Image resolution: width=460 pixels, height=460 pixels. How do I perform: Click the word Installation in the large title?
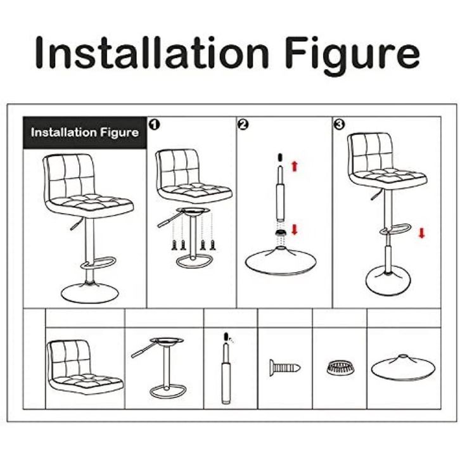pyautogui.click(x=152, y=53)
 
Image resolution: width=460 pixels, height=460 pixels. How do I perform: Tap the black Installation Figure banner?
pyautogui.click(x=85, y=132)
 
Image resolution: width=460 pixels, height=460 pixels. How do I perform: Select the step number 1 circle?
pyautogui.click(x=155, y=125)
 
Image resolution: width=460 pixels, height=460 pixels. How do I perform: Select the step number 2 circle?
pyautogui.click(x=243, y=124)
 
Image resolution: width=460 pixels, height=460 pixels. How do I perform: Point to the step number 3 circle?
pyautogui.click(x=339, y=124)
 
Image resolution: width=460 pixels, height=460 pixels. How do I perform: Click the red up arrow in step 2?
pyautogui.click(x=295, y=166)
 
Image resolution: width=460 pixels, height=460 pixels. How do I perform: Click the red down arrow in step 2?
pyautogui.click(x=295, y=229)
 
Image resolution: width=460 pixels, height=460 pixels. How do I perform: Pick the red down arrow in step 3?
pyautogui.click(x=421, y=233)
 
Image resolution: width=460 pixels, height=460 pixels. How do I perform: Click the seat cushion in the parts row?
pyautogui.click(x=85, y=367)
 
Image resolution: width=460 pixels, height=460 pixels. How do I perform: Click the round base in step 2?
pyautogui.click(x=281, y=261)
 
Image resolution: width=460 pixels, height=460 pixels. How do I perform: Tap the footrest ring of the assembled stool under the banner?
pyautogui.click(x=98, y=262)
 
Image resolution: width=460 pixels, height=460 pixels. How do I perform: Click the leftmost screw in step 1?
pyautogui.click(x=174, y=245)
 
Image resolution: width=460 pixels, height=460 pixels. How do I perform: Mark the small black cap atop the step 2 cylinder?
pyautogui.click(x=279, y=157)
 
